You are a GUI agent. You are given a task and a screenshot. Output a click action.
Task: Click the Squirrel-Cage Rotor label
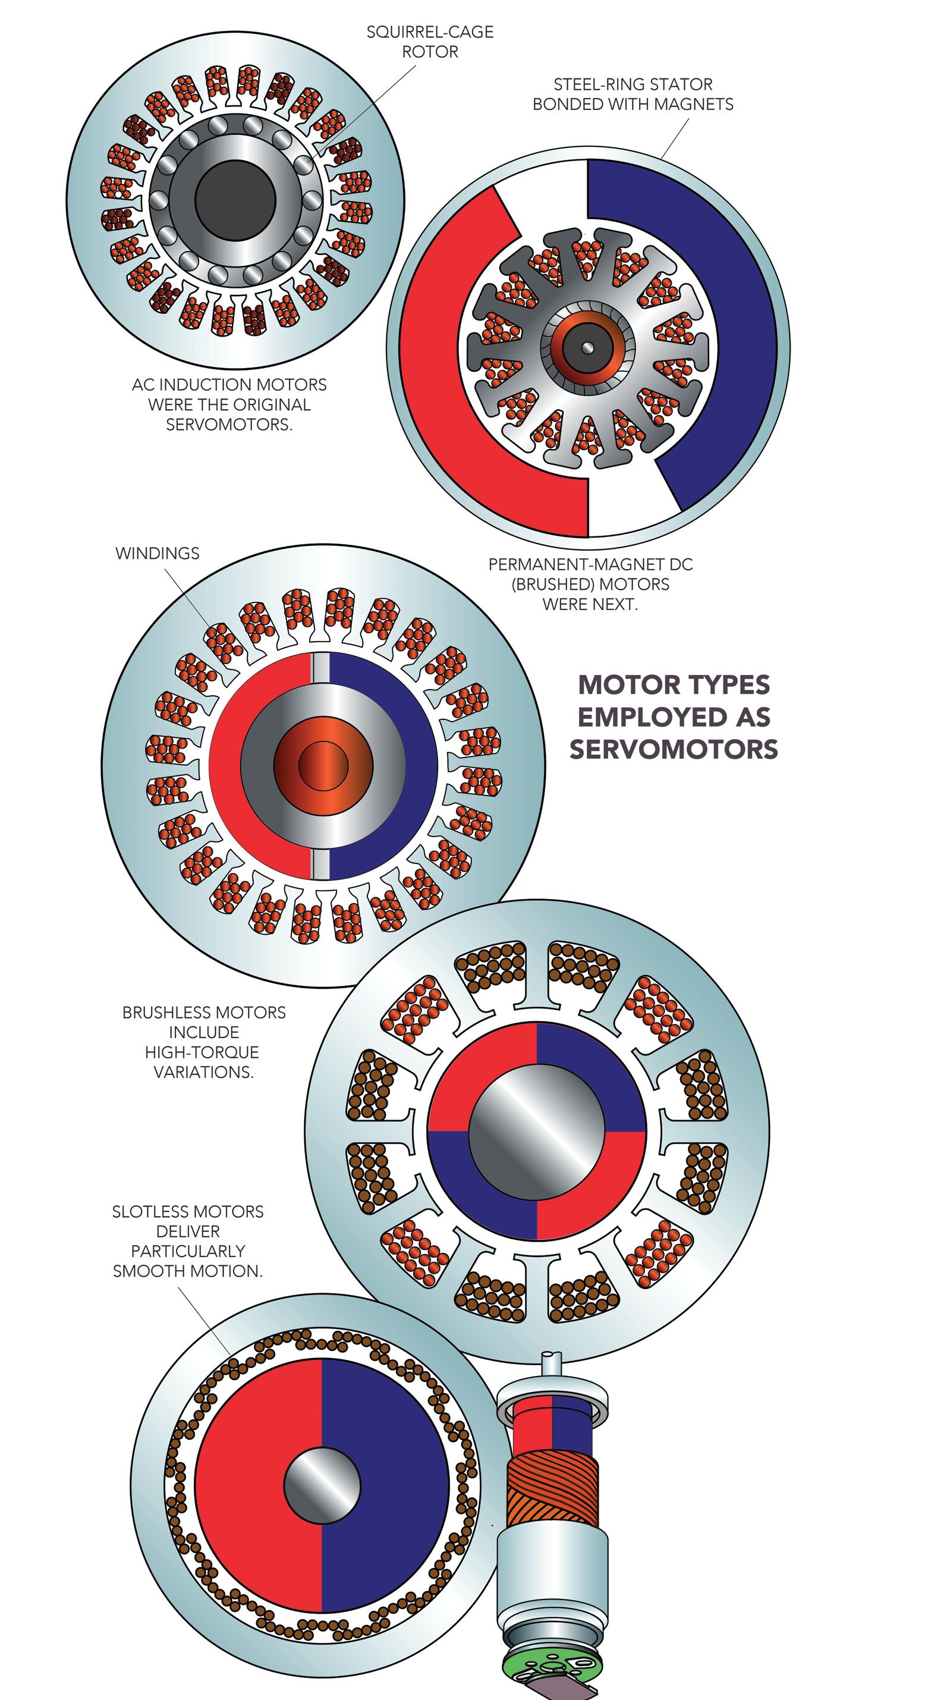(x=430, y=42)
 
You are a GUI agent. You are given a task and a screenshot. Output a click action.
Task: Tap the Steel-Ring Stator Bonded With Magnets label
(x=632, y=94)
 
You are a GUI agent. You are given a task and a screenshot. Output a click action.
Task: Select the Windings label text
(x=157, y=553)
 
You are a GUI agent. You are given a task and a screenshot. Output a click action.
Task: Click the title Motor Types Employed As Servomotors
(x=674, y=716)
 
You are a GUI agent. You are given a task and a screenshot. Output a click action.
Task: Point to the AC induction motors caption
(x=229, y=404)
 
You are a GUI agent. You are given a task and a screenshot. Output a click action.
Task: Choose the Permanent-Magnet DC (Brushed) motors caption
(x=590, y=584)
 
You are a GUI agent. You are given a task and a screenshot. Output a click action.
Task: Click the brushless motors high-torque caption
(x=204, y=1041)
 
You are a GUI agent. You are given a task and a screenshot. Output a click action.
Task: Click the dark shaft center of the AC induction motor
(x=235, y=200)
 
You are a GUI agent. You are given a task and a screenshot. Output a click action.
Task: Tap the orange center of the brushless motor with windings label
(x=323, y=765)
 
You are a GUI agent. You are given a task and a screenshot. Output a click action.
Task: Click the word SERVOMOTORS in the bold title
(x=674, y=749)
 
